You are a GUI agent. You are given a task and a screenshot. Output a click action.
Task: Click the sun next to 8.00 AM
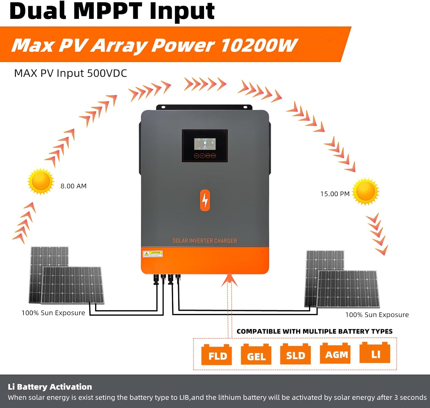(x=41, y=182)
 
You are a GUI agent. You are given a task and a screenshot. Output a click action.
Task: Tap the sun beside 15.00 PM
(x=365, y=191)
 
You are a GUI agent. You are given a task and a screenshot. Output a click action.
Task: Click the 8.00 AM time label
(x=73, y=186)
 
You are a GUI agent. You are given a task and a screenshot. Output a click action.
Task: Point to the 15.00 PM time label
(x=335, y=194)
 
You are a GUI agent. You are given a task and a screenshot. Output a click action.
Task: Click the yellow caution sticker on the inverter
(x=153, y=254)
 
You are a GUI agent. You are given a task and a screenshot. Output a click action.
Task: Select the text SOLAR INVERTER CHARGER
(x=205, y=241)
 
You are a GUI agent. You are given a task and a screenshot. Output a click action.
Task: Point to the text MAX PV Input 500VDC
(x=71, y=73)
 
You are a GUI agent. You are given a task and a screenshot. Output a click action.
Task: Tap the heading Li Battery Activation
(x=50, y=387)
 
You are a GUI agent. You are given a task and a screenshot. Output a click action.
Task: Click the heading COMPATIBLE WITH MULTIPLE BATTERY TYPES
(x=314, y=331)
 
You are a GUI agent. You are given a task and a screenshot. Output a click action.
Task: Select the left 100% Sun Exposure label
(x=53, y=313)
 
